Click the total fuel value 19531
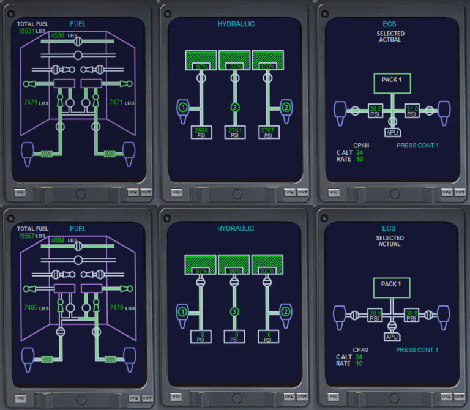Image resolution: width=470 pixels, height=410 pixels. [27, 31]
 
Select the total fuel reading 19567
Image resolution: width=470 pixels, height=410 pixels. [27, 236]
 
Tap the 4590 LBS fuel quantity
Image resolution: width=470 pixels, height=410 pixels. [59, 36]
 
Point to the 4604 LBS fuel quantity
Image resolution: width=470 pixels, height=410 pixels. [59, 241]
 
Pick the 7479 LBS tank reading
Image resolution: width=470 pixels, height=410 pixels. [117, 307]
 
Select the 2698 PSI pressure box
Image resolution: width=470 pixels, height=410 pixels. [201, 132]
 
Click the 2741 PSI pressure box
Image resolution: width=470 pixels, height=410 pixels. [234, 132]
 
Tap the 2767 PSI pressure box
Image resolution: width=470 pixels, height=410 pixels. [267, 132]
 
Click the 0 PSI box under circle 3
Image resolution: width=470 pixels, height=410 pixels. [234, 336]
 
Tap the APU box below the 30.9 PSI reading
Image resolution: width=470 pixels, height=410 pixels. [392, 337]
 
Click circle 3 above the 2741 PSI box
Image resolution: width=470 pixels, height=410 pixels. [234, 108]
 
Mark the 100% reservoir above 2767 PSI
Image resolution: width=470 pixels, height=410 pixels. [267, 60]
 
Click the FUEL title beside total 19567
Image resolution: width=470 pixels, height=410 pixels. [78, 229]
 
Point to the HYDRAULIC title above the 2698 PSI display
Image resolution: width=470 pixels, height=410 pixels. [236, 24]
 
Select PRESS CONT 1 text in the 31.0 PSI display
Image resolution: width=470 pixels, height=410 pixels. [417, 146]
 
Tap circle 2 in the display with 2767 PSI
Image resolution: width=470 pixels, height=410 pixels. [286, 108]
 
